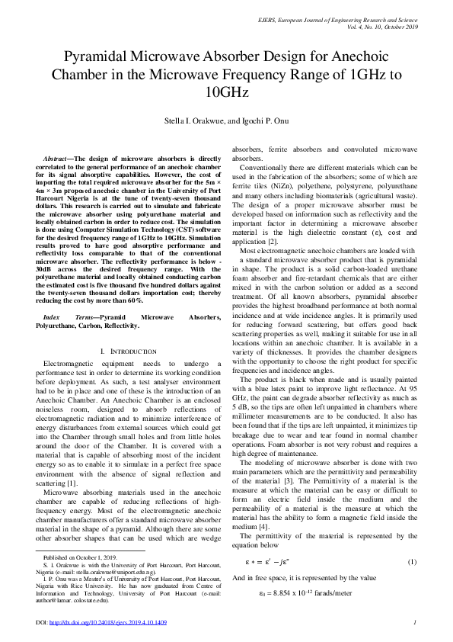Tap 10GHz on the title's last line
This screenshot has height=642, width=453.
click(226, 92)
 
